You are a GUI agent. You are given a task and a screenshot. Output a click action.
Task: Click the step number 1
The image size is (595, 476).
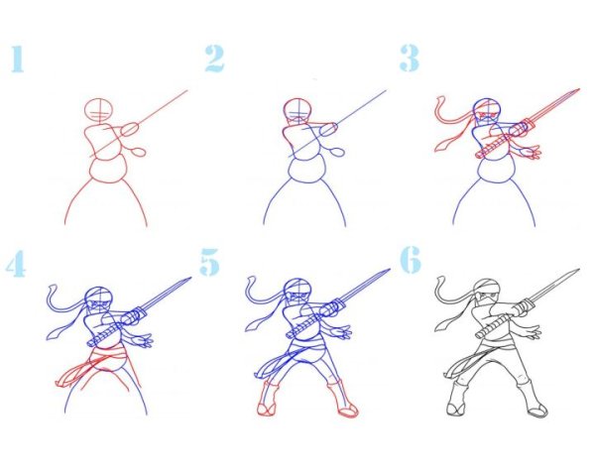click(18, 59)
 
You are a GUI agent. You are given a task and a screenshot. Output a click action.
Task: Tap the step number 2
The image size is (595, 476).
click(215, 59)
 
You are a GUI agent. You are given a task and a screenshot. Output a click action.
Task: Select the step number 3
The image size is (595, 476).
click(410, 59)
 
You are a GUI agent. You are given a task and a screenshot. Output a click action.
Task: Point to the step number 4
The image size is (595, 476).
click(16, 264)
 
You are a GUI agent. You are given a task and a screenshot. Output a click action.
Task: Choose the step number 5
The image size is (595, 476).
click(210, 262)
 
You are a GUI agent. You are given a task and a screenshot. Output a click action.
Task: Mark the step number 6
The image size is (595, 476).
click(411, 260)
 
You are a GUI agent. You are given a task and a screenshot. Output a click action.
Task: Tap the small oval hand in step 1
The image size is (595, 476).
click(138, 152)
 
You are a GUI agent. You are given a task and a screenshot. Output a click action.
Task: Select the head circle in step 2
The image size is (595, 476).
click(297, 110)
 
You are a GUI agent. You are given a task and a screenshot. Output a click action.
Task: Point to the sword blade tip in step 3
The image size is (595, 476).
click(580, 89)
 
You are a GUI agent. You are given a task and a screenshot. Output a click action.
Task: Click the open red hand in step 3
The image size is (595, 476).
click(532, 153)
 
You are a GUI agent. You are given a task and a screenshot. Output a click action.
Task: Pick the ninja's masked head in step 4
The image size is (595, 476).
click(98, 299)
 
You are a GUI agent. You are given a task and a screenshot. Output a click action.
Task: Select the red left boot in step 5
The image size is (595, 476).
click(269, 399)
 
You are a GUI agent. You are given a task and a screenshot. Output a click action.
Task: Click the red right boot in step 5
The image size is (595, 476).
click(343, 399)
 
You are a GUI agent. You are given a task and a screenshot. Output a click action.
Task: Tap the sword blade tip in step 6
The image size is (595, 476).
click(579, 270)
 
